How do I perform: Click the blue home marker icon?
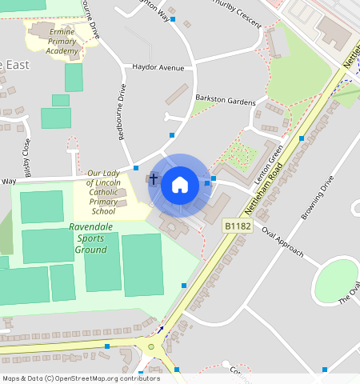[180, 185]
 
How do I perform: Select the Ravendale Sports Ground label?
[90, 238]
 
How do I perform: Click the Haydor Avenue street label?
[158, 68]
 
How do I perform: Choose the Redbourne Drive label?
[123, 111]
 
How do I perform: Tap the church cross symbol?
[153, 180]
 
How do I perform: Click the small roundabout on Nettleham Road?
[150, 346]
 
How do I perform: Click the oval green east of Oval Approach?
[337, 281]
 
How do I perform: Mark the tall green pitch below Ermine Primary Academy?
[74, 78]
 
